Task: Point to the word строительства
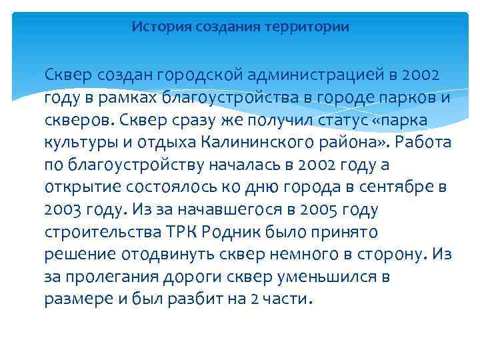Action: pos(101,233)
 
